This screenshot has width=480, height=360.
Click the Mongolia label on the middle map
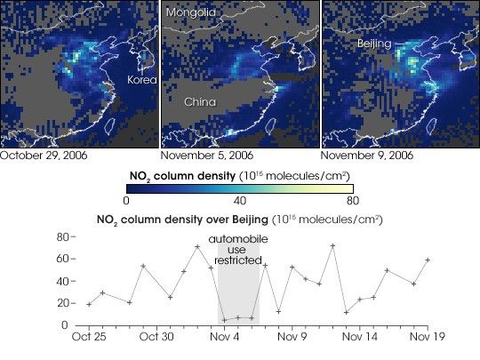(190, 13)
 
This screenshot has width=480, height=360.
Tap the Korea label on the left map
(140, 79)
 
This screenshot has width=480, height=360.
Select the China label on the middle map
(201, 101)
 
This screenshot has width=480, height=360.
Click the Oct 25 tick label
(89, 337)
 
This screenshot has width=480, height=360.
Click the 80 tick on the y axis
(62, 237)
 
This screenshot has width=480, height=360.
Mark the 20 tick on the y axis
(62, 303)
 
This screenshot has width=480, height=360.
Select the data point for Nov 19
(428, 260)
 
